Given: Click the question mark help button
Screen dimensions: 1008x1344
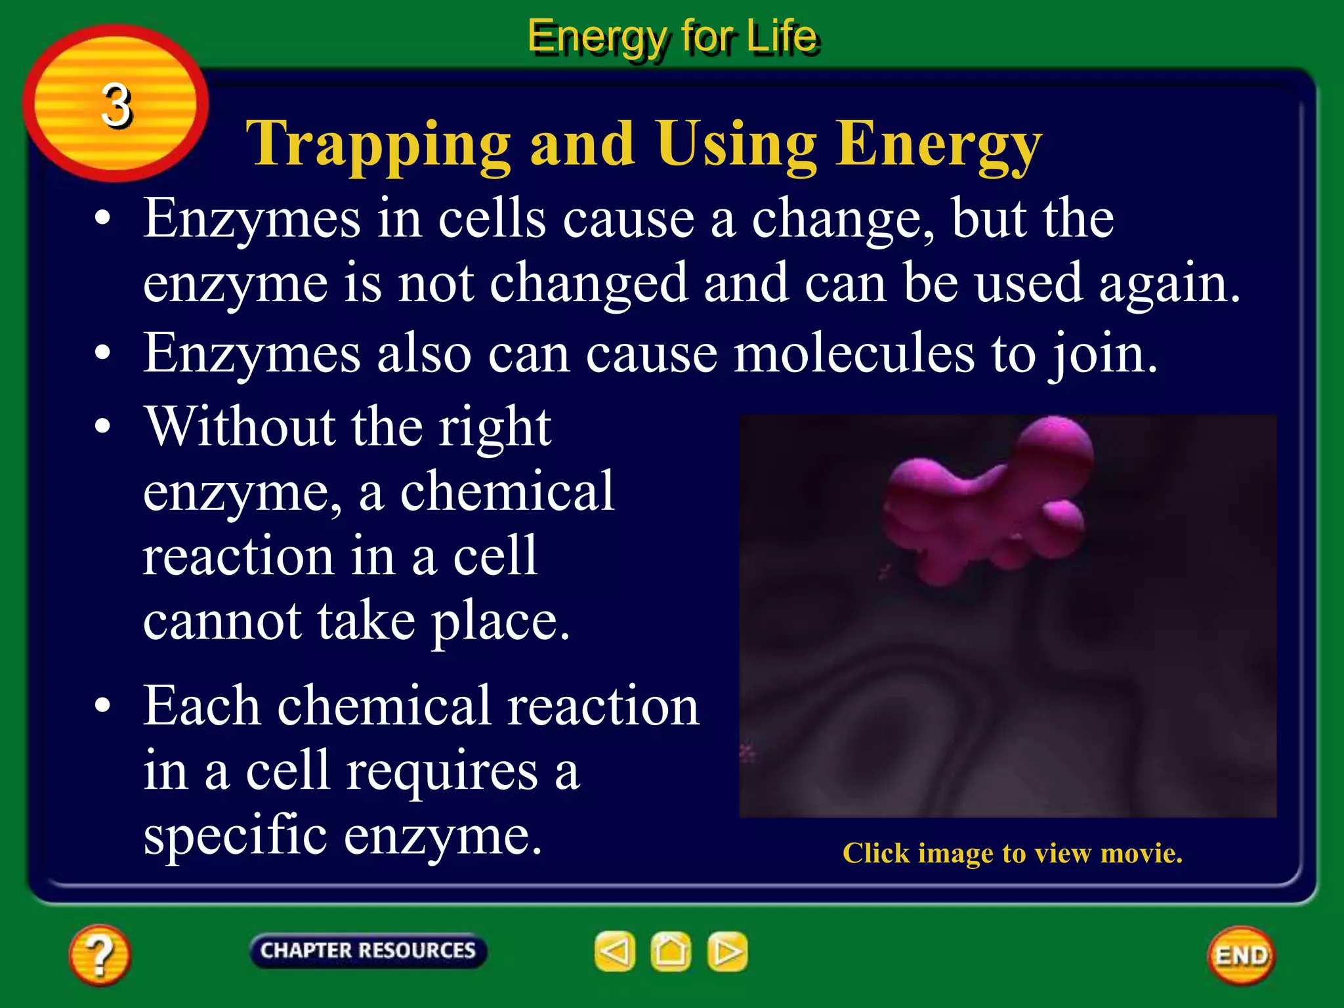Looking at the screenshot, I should coord(99,955).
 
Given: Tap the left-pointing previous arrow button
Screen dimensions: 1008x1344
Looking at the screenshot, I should coord(614,951).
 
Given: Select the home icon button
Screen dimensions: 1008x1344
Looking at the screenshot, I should coord(670,951).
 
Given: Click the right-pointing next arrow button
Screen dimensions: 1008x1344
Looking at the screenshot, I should coord(727,951).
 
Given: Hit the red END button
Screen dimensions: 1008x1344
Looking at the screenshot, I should coord(1241,955).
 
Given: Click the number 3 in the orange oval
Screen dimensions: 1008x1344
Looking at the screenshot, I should coord(116,105).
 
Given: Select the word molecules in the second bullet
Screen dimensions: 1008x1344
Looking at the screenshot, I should coord(854,354).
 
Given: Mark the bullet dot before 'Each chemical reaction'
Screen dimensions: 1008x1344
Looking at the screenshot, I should coord(102,705).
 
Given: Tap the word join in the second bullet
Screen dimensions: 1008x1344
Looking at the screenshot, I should coord(1102,354).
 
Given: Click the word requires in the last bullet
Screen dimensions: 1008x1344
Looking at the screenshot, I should coord(442,770).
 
